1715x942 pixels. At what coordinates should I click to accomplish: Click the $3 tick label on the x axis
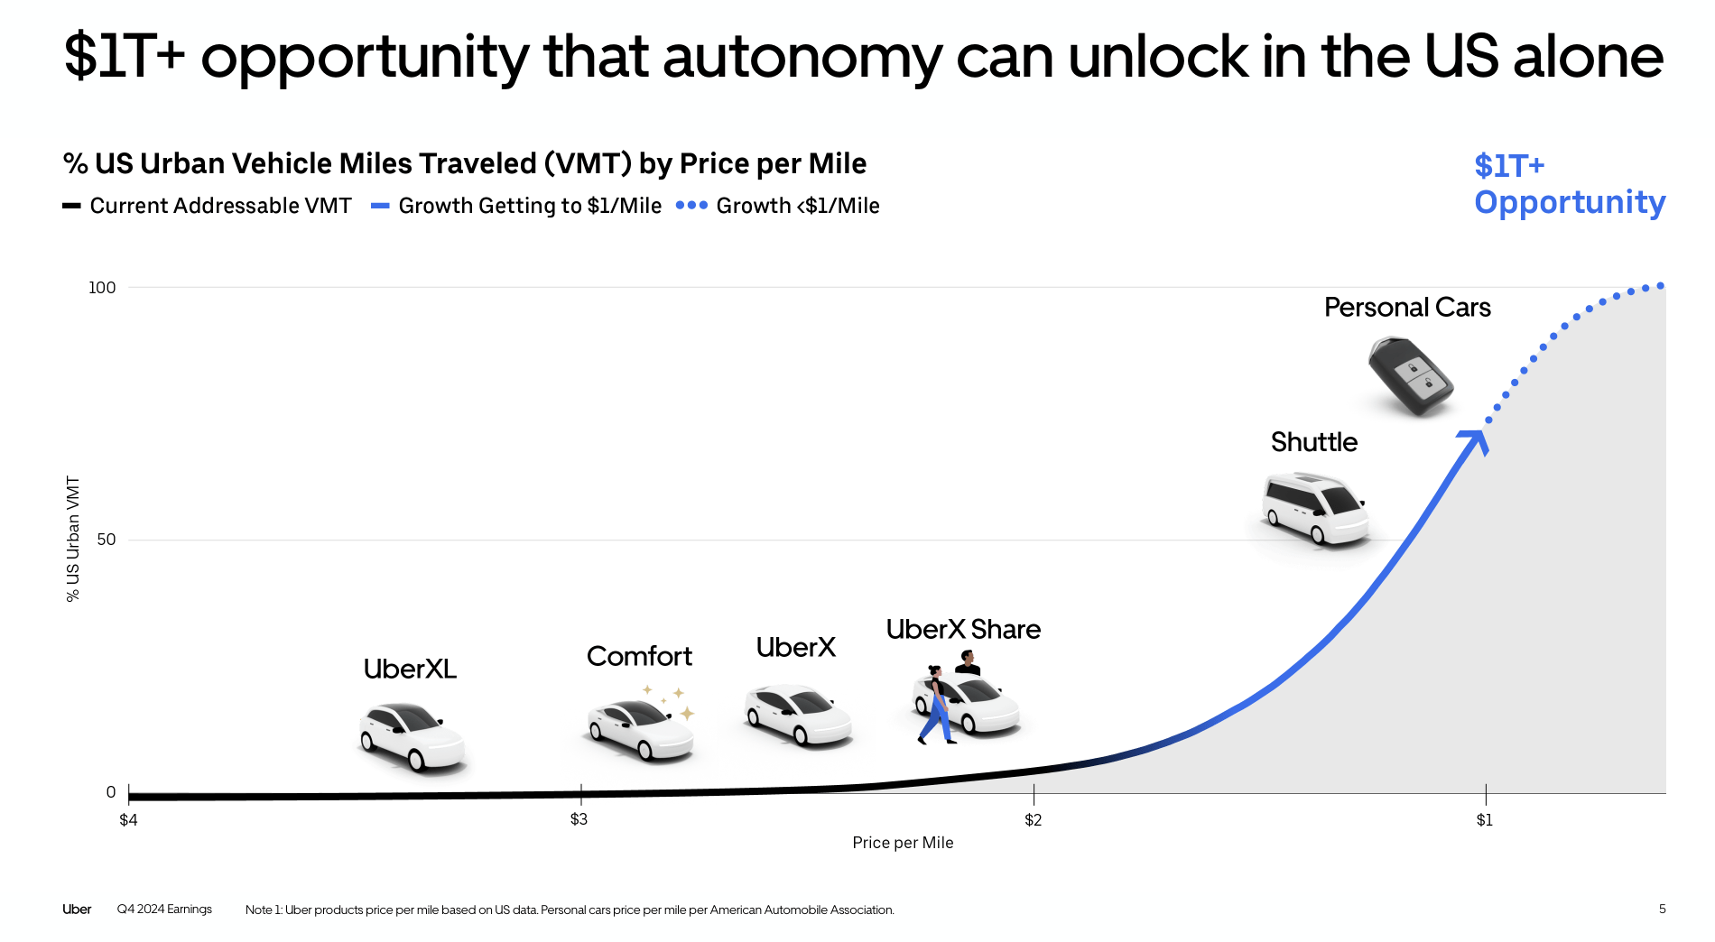[x=579, y=819]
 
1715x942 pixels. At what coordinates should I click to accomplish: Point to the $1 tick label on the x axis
[x=1484, y=820]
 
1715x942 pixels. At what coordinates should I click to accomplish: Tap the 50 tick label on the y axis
[x=106, y=540]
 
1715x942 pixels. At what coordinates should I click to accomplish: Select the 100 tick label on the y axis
[x=102, y=288]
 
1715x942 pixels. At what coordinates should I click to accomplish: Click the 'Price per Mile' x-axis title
[x=903, y=843]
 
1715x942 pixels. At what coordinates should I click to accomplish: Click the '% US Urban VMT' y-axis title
[x=73, y=539]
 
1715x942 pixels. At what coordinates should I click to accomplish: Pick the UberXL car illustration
[x=413, y=736]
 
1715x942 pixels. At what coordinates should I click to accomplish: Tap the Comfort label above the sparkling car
[x=639, y=656]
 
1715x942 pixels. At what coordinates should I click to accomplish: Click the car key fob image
[x=1410, y=375]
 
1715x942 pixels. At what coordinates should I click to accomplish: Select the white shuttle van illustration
[x=1316, y=508]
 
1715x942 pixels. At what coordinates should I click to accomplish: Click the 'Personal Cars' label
[x=1406, y=308]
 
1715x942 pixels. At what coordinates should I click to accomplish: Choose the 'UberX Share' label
[x=963, y=629]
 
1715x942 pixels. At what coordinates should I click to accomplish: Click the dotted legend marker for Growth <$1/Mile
[x=691, y=206]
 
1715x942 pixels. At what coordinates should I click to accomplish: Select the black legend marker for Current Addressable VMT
[x=71, y=206]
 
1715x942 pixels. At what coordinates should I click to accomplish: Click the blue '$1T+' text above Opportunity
[x=1509, y=166]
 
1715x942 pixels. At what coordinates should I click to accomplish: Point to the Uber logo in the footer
[x=77, y=910]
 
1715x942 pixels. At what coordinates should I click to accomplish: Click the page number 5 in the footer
[x=1662, y=910]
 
